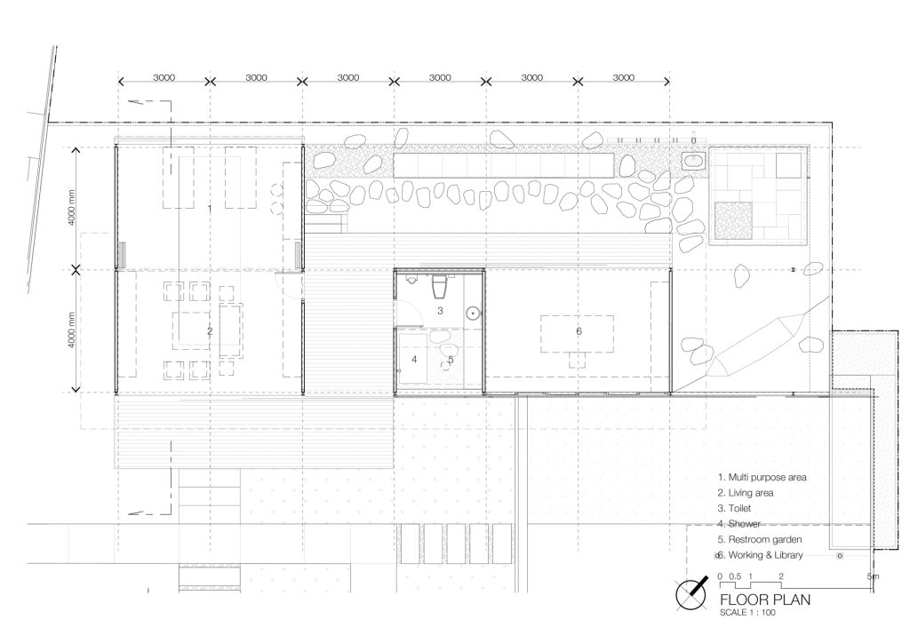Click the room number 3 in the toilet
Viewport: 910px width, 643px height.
pyautogui.click(x=440, y=311)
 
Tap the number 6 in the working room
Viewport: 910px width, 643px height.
pyautogui.click(x=579, y=331)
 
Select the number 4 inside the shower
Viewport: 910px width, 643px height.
pyautogui.click(x=414, y=360)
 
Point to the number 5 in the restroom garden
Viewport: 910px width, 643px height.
pyautogui.click(x=451, y=360)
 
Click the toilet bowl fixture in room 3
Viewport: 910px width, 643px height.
pyautogui.click(x=438, y=287)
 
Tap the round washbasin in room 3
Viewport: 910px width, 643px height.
pyautogui.click(x=474, y=313)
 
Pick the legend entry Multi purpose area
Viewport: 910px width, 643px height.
pyautogui.click(x=762, y=477)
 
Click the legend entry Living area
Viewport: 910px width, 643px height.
pyautogui.click(x=746, y=493)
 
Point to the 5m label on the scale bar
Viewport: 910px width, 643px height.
pyautogui.click(x=873, y=576)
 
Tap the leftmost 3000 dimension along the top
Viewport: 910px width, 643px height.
pyautogui.click(x=164, y=78)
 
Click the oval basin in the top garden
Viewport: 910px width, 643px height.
pyautogui.click(x=693, y=161)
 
